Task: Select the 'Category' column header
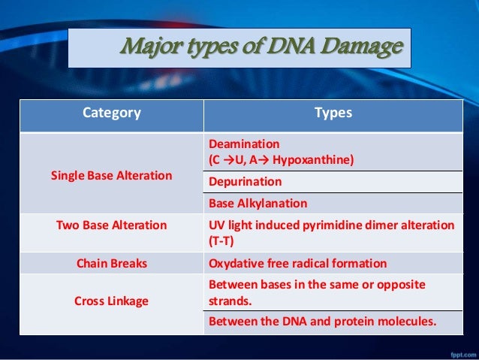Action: coord(111,113)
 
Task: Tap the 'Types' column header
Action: coord(333,113)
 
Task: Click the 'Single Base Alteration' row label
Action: coord(111,176)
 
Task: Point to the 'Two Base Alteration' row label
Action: coord(111,225)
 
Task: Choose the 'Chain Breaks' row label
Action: coord(111,263)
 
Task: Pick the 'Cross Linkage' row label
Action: coord(111,301)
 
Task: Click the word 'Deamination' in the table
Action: coord(243,144)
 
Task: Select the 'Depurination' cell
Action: coord(245,182)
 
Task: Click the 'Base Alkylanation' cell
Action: coord(258,203)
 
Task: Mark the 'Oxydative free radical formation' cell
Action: coord(297,263)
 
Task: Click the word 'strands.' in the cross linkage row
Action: coord(230,301)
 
